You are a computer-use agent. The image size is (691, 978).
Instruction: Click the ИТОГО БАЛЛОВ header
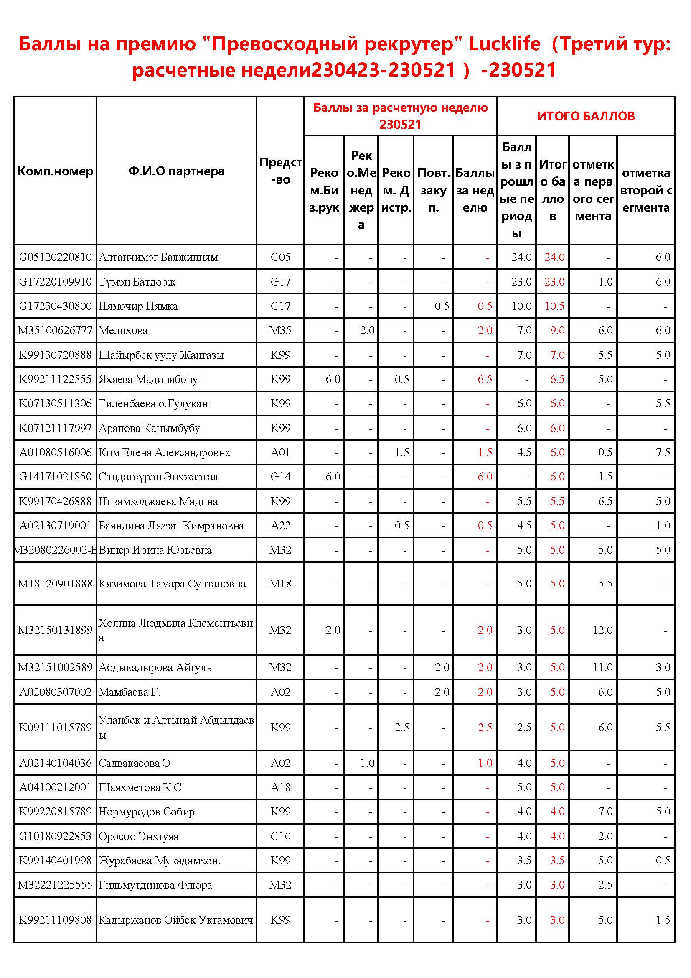(585, 116)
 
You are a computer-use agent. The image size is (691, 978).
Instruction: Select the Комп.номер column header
(55, 171)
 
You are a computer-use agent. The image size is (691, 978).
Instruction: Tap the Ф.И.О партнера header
(176, 171)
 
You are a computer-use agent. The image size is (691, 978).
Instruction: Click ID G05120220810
(55, 257)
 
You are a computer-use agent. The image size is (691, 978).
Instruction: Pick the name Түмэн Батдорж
(137, 282)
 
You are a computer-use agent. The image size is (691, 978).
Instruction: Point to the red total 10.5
(554, 306)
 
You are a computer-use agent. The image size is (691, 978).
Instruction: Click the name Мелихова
(123, 331)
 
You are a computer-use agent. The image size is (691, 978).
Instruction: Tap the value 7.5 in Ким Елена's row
(663, 452)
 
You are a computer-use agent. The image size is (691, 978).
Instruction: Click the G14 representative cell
(280, 477)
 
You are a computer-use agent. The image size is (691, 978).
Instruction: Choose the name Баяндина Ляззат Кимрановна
(171, 526)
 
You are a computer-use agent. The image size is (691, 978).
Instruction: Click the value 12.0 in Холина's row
(602, 630)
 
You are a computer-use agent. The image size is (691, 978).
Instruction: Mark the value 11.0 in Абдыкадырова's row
(602, 667)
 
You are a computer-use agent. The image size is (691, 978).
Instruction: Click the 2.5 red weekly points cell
(485, 728)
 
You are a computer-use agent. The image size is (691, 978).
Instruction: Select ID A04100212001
(55, 788)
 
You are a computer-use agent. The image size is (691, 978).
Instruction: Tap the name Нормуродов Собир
(146, 812)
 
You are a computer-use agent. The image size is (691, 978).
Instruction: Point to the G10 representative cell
(280, 836)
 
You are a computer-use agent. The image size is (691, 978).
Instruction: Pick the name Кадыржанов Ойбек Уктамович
(176, 920)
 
